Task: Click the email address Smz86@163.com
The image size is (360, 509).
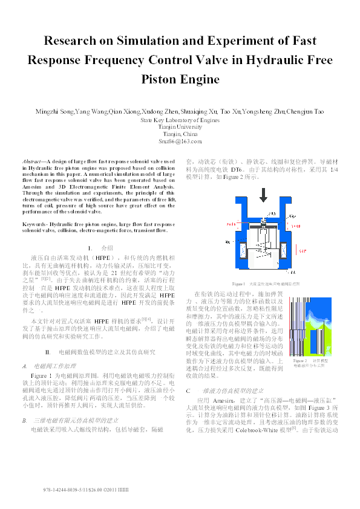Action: (180, 140)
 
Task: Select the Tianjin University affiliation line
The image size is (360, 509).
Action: (180, 127)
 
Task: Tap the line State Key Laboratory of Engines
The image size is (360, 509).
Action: (180, 120)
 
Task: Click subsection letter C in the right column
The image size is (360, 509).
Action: (188, 374)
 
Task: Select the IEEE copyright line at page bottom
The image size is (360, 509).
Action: (82, 488)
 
